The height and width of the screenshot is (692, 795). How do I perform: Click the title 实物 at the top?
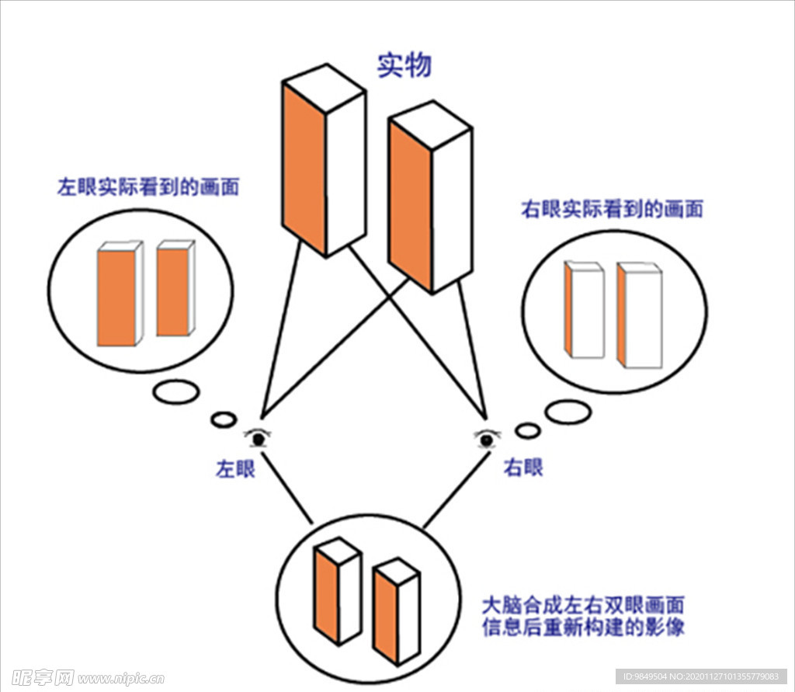404,66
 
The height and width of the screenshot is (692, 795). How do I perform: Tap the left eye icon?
258,438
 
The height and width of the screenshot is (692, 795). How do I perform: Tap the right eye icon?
486,440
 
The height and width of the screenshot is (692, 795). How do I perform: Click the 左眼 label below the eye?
235,469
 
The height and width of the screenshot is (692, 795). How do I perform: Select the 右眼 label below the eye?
523,468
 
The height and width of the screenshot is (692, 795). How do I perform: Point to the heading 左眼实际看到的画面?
148,187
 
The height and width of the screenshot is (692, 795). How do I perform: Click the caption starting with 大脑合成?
583,616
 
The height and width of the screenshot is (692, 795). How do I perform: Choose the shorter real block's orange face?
410,205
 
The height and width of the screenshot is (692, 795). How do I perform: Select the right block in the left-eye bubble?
175,289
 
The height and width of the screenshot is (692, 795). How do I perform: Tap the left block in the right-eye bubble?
585,311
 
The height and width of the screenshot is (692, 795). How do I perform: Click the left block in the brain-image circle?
337,590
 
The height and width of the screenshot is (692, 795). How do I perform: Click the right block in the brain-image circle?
396,614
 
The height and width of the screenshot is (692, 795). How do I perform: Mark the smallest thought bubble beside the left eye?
224,419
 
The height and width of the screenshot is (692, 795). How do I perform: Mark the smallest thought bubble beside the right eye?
527,429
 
